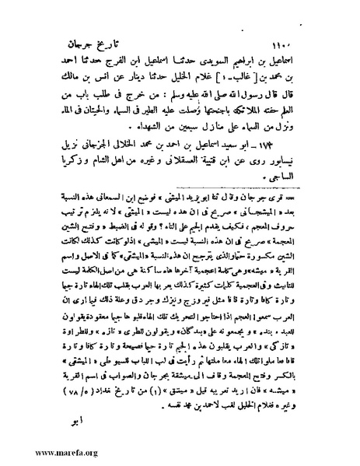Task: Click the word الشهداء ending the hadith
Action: [x=138, y=109]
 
